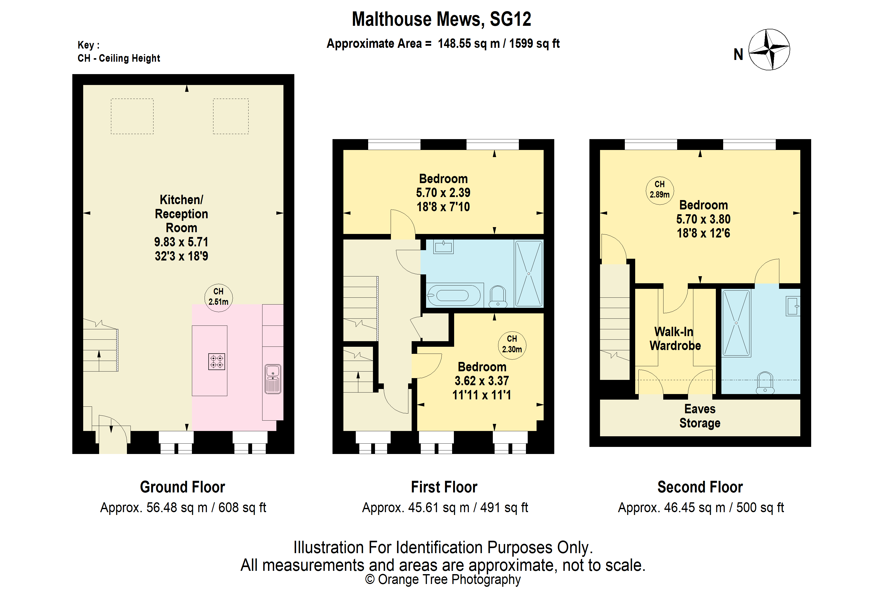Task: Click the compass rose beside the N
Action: tap(769, 50)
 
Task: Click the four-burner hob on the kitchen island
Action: tap(217, 361)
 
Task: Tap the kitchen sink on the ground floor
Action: tap(273, 379)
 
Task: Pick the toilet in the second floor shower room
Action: tap(765, 383)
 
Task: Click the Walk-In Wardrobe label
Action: tap(675, 339)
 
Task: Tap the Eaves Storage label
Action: tap(700, 416)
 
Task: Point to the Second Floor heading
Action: tap(700, 487)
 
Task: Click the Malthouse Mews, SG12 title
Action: tap(441, 19)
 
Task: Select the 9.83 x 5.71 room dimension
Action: tap(181, 242)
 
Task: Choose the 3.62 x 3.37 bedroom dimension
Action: tap(482, 381)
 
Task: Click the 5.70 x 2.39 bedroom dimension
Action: tap(443, 193)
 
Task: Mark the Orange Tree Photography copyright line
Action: tap(443, 579)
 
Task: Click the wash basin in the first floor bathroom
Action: tap(443, 247)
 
